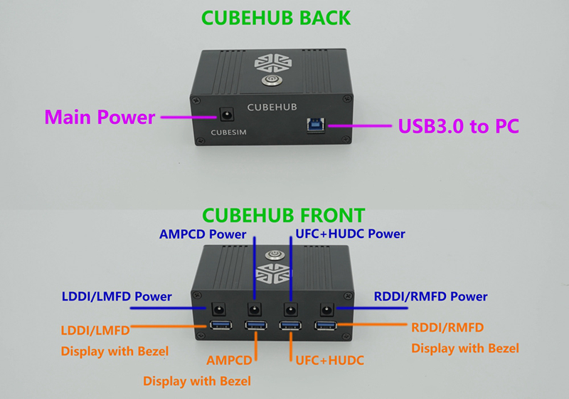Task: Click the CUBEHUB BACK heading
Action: [276, 18]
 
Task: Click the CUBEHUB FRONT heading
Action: [283, 215]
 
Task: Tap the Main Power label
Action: [100, 117]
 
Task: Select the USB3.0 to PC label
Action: [458, 126]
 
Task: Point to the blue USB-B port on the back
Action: [316, 125]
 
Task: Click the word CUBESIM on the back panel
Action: [228, 133]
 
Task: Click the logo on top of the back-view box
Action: [273, 63]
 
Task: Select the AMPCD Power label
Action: [203, 234]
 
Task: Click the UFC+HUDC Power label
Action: [350, 234]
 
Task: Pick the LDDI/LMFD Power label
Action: [117, 296]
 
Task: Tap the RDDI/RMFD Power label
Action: [430, 296]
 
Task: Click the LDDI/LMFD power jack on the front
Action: [218, 310]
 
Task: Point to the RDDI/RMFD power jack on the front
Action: [327, 310]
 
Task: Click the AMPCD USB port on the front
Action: [256, 325]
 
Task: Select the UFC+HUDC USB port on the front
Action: [290, 325]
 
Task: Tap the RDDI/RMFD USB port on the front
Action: [326, 325]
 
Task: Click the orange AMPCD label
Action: [229, 361]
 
